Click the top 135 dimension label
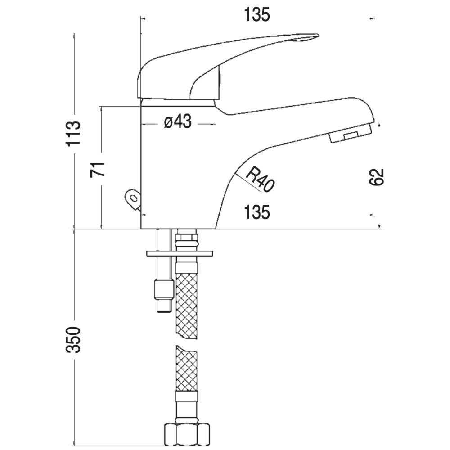click(x=257, y=15)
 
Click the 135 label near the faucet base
click(x=257, y=213)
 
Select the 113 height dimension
click(x=74, y=134)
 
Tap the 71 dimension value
click(x=98, y=170)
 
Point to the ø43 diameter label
click(x=178, y=122)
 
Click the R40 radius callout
click(x=260, y=180)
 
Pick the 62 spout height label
click(x=376, y=177)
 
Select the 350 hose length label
click(x=74, y=339)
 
